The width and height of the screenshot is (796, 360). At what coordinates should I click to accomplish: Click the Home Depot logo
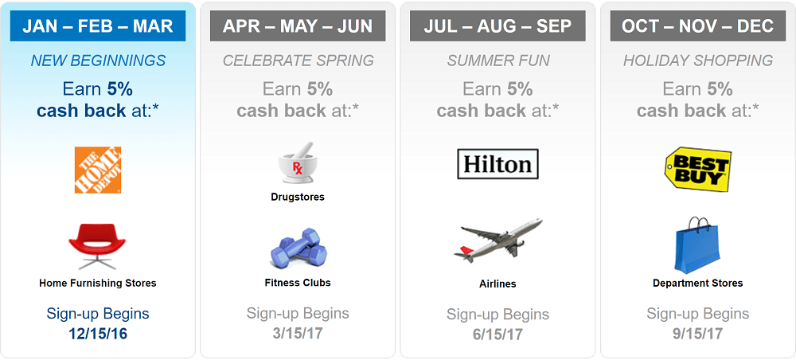[98, 170]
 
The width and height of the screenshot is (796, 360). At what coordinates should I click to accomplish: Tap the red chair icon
[97, 246]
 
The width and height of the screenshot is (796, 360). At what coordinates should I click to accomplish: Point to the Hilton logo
[497, 164]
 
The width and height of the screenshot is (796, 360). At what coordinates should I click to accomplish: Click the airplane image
[497, 241]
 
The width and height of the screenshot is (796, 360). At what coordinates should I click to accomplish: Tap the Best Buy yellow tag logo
[698, 170]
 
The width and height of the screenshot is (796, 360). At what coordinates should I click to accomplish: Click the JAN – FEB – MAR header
[98, 26]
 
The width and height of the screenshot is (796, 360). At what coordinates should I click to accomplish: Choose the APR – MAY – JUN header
[298, 26]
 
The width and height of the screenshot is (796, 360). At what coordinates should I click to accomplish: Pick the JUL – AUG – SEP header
[498, 26]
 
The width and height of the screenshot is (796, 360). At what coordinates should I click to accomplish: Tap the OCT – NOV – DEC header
[698, 26]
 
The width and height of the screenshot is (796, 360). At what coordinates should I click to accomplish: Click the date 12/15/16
[98, 334]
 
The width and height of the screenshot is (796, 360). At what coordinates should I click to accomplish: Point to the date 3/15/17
[298, 334]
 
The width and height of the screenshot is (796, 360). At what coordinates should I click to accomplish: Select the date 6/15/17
[498, 335]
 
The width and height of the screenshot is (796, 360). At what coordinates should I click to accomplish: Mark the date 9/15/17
[698, 334]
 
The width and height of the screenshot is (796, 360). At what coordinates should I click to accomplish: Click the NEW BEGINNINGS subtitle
[98, 61]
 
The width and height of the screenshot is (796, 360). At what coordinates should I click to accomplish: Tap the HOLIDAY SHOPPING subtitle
[698, 61]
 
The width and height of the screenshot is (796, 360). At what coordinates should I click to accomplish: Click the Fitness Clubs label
[298, 283]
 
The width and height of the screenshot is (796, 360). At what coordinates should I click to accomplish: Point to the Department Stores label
[698, 284]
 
